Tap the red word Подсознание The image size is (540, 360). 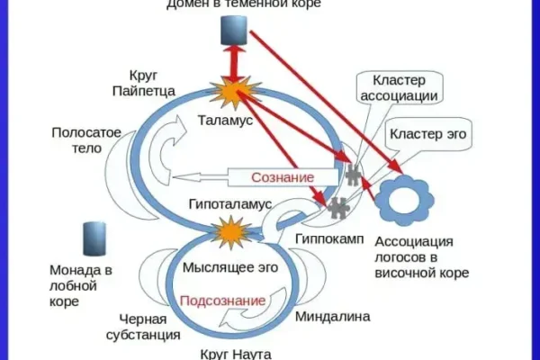click(x=223, y=300)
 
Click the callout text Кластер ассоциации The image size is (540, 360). click(x=399, y=87)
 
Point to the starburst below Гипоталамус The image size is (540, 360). click(x=232, y=236)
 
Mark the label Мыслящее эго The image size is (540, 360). click(x=225, y=267)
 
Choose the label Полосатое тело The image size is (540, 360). click(x=85, y=141)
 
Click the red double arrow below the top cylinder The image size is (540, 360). click(x=237, y=65)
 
